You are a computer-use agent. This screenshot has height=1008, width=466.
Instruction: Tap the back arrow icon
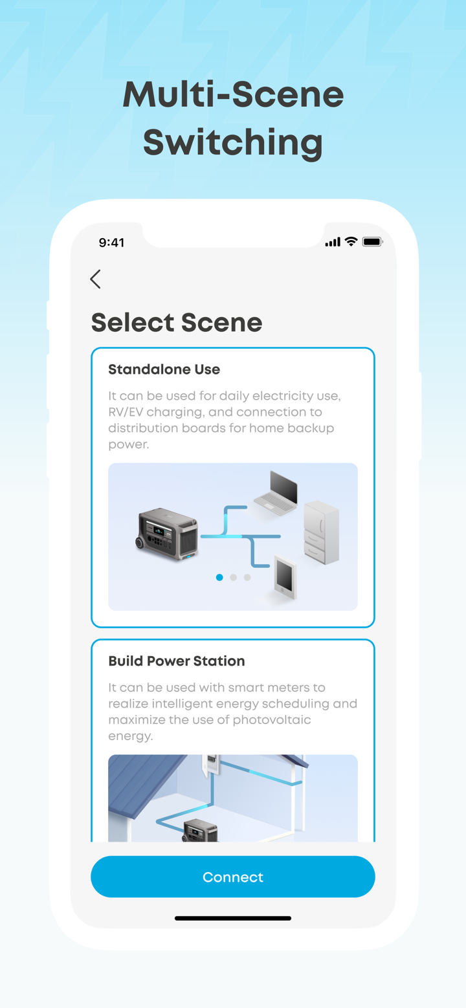click(96, 279)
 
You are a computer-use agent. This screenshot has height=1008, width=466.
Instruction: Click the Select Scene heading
click(176, 322)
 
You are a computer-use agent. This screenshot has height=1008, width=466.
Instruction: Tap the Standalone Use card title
click(164, 369)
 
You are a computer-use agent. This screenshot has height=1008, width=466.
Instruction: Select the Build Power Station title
click(176, 661)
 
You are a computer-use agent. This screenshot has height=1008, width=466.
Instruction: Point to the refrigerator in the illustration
click(321, 532)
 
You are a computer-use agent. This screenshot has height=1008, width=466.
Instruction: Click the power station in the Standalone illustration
click(167, 534)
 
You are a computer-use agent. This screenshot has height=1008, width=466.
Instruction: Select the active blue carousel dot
click(219, 577)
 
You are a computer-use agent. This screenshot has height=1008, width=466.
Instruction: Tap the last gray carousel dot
click(247, 577)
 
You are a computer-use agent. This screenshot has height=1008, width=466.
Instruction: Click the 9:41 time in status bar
click(111, 243)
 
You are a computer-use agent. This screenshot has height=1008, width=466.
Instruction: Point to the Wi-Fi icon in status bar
click(351, 242)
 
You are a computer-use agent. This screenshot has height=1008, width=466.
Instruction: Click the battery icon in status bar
click(372, 242)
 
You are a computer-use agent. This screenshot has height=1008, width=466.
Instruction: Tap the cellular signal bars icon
click(333, 242)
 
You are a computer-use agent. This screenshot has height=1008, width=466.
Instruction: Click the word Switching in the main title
click(233, 142)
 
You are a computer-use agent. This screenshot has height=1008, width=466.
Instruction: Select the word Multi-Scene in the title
click(233, 94)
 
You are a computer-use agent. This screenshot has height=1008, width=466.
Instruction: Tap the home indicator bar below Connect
click(233, 918)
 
